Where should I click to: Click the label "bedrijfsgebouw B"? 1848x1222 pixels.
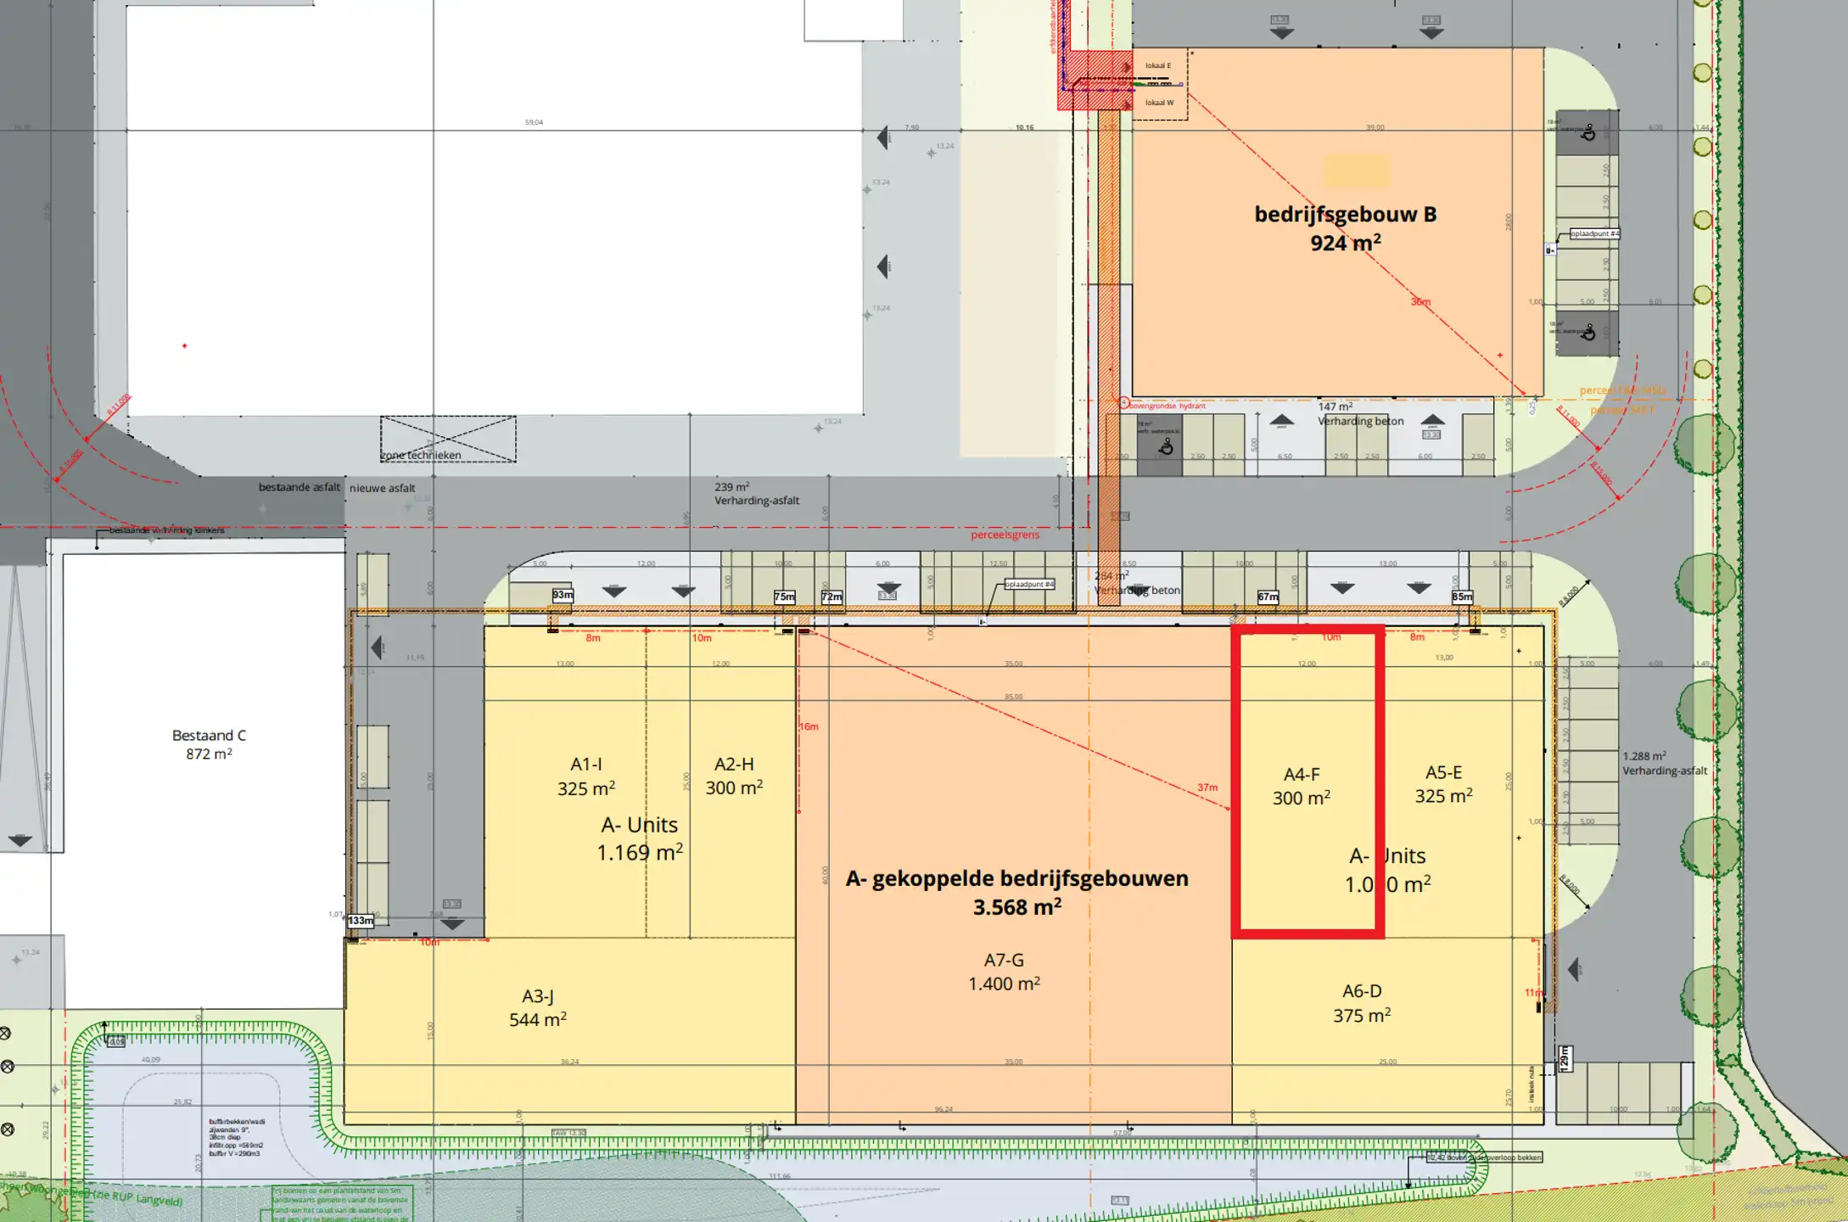pyautogui.click(x=1345, y=215)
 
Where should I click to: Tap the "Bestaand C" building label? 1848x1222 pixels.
pyautogui.click(x=209, y=736)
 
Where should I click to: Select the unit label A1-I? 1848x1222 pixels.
pyautogui.click(x=585, y=765)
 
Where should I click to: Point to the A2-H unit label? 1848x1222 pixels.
pyautogui.click(x=734, y=765)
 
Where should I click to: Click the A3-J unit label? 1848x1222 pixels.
pyautogui.click(x=538, y=996)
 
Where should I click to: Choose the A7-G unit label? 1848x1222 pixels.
pyautogui.click(x=1004, y=961)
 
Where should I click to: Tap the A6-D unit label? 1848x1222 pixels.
pyautogui.click(x=1362, y=991)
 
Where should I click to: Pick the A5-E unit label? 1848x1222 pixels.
pyautogui.click(x=1443, y=773)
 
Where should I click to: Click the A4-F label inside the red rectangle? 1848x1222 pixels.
pyautogui.click(x=1302, y=775)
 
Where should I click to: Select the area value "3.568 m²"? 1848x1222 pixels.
pyautogui.click(x=1016, y=907)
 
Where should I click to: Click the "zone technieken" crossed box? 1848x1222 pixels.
pyautogui.click(x=447, y=440)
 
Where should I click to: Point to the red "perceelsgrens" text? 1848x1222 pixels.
pyautogui.click(x=1005, y=535)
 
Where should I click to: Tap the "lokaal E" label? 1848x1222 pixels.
pyautogui.click(x=1157, y=65)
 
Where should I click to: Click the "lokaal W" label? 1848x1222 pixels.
pyautogui.click(x=1159, y=103)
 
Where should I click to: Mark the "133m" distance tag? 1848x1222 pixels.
pyautogui.click(x=361, y=921)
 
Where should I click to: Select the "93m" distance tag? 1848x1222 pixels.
pyautogui.click(x=563, y=595)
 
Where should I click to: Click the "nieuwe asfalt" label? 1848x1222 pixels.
pyautogui.click(x=383, y=488)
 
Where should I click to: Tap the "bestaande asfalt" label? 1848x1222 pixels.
pyautogui.click(x=299, y=487)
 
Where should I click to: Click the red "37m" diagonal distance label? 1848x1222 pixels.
pyautogui.click(x=1207, y=788)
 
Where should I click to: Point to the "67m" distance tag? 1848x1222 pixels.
pyautogui.click(x=1268, y=597)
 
